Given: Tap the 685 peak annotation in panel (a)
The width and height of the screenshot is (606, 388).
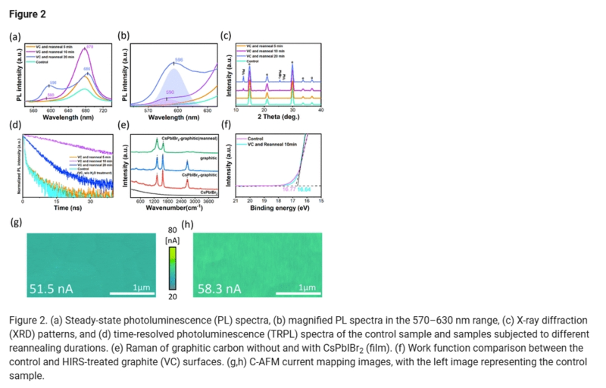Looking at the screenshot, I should pos(87,69).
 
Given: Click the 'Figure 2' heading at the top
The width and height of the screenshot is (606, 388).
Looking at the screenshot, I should pos(28,14).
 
